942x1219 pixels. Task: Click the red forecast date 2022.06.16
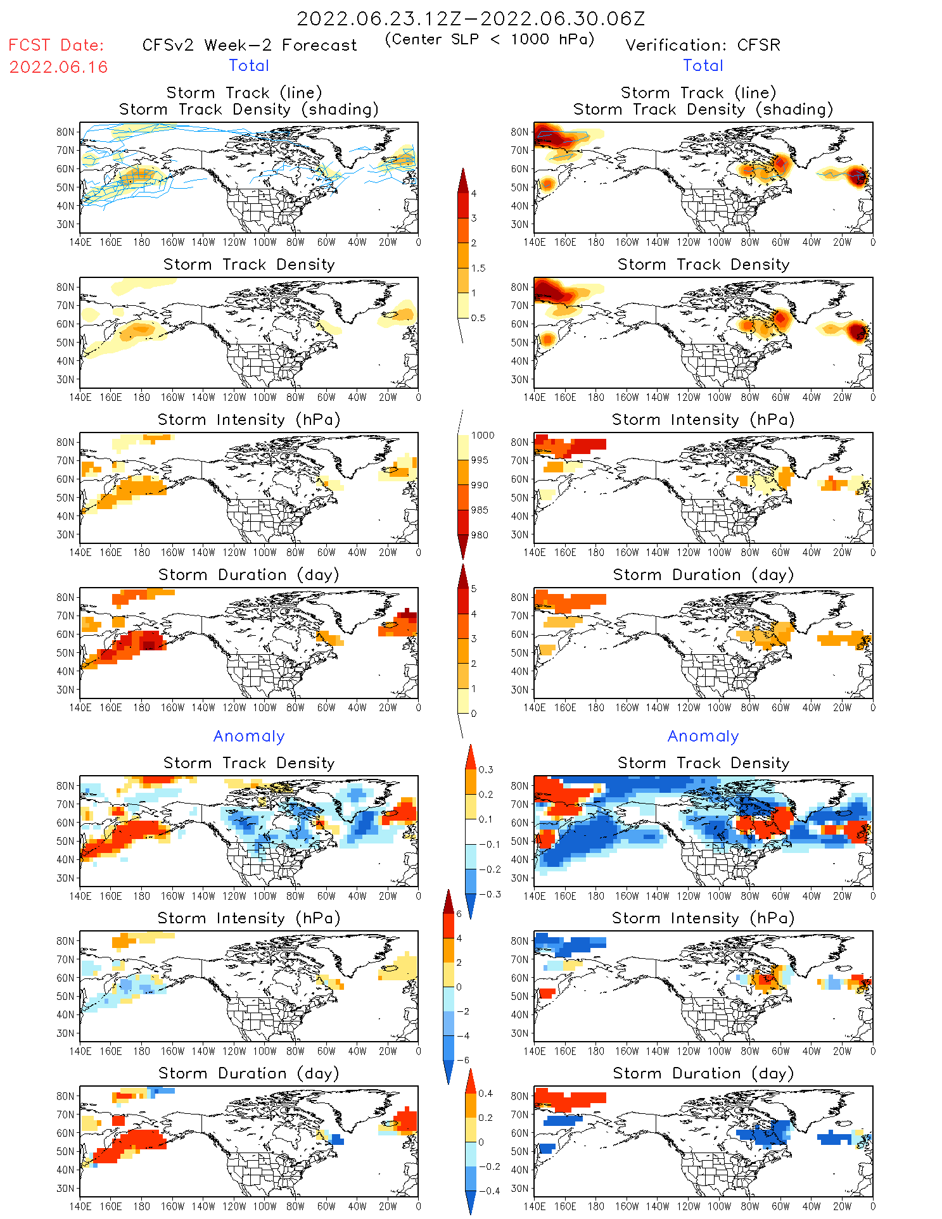click(58, 67)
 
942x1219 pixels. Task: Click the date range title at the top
click(471, 18)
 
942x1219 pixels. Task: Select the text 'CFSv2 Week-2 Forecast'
click(250, 45)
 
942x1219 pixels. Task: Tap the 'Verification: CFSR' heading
click(703, 45)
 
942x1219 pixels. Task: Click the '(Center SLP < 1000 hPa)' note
click(490, 39)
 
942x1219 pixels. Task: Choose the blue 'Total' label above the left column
click(249, 65)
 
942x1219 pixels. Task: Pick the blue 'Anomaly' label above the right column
click(703, 736)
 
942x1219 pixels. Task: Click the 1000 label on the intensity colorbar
click(483, 435)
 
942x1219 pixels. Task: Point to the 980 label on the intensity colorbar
click(480, 534)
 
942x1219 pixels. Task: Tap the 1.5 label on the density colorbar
click(478, 268)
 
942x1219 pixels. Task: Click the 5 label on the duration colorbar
click(474, 588)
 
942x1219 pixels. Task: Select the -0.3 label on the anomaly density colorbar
click(489, 894)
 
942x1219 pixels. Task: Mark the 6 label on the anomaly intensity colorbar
click(459, 914)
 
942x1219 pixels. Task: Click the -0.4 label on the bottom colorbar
click(485, 1191)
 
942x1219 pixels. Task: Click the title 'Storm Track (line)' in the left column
click(244, 92)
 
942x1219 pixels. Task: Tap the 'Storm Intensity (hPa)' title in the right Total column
click(703, 419)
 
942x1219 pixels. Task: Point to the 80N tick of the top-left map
click(65, 132)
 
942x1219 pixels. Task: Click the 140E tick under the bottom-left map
click(80, 1206)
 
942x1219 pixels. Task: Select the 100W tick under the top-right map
click(719, 242)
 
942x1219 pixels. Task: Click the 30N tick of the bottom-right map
click(519, 1188)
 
